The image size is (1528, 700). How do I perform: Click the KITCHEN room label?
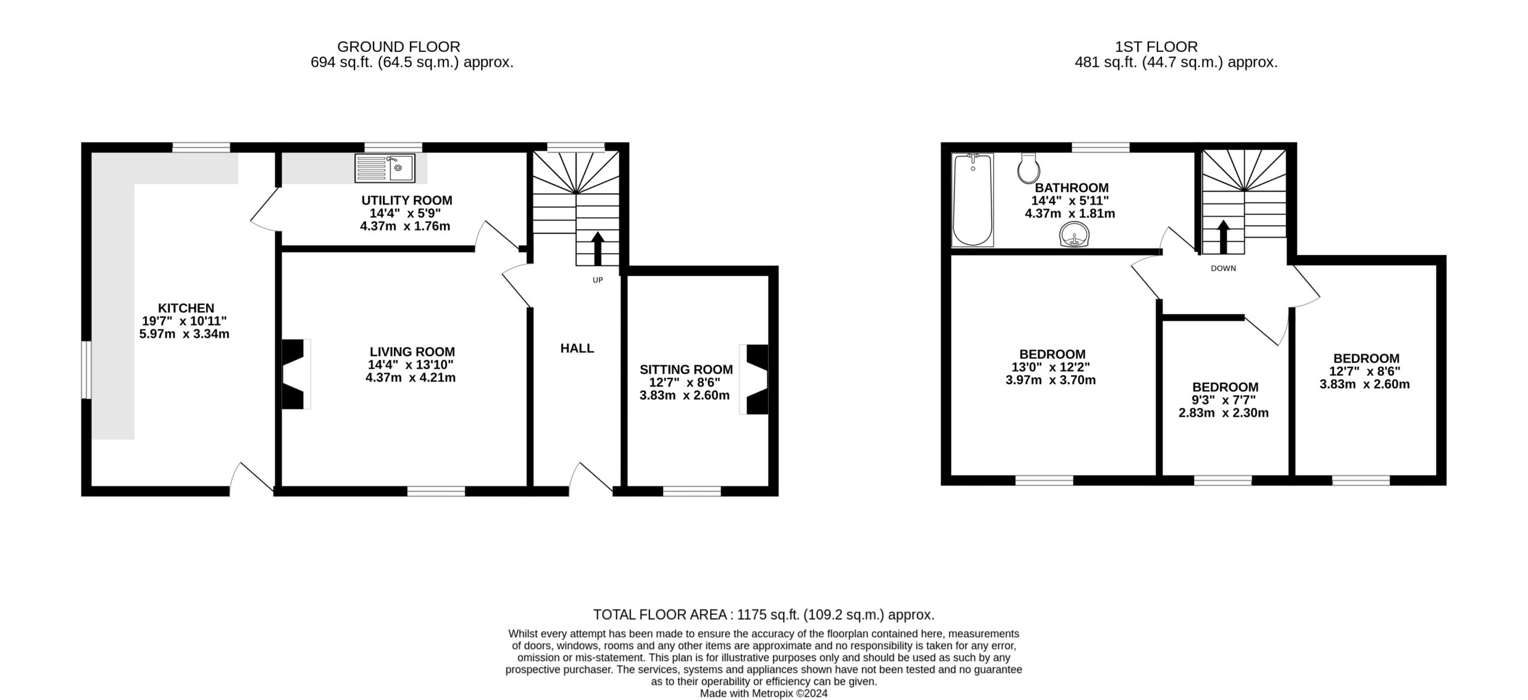(186, 308)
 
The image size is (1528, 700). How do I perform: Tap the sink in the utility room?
(385, 168)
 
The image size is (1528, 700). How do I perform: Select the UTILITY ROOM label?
(406, 201)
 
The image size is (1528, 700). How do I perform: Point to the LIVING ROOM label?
(412, 352)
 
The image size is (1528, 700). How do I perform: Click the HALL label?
(577, 348)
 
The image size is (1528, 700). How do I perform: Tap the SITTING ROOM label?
(686, 370)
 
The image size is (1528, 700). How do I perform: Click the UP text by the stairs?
(597, 280)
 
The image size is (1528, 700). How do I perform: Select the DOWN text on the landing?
(1223, 269)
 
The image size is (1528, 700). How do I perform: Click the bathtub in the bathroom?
(973, 200)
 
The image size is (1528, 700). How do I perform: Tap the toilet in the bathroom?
(1028, 168)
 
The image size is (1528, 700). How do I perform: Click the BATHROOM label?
(1071, 188)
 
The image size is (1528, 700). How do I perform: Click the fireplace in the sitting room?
(754, 379)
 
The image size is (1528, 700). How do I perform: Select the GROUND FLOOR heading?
(399, 47)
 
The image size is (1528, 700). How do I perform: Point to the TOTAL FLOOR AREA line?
(764, 615)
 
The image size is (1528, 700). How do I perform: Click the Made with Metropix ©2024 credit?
(764, 693)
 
